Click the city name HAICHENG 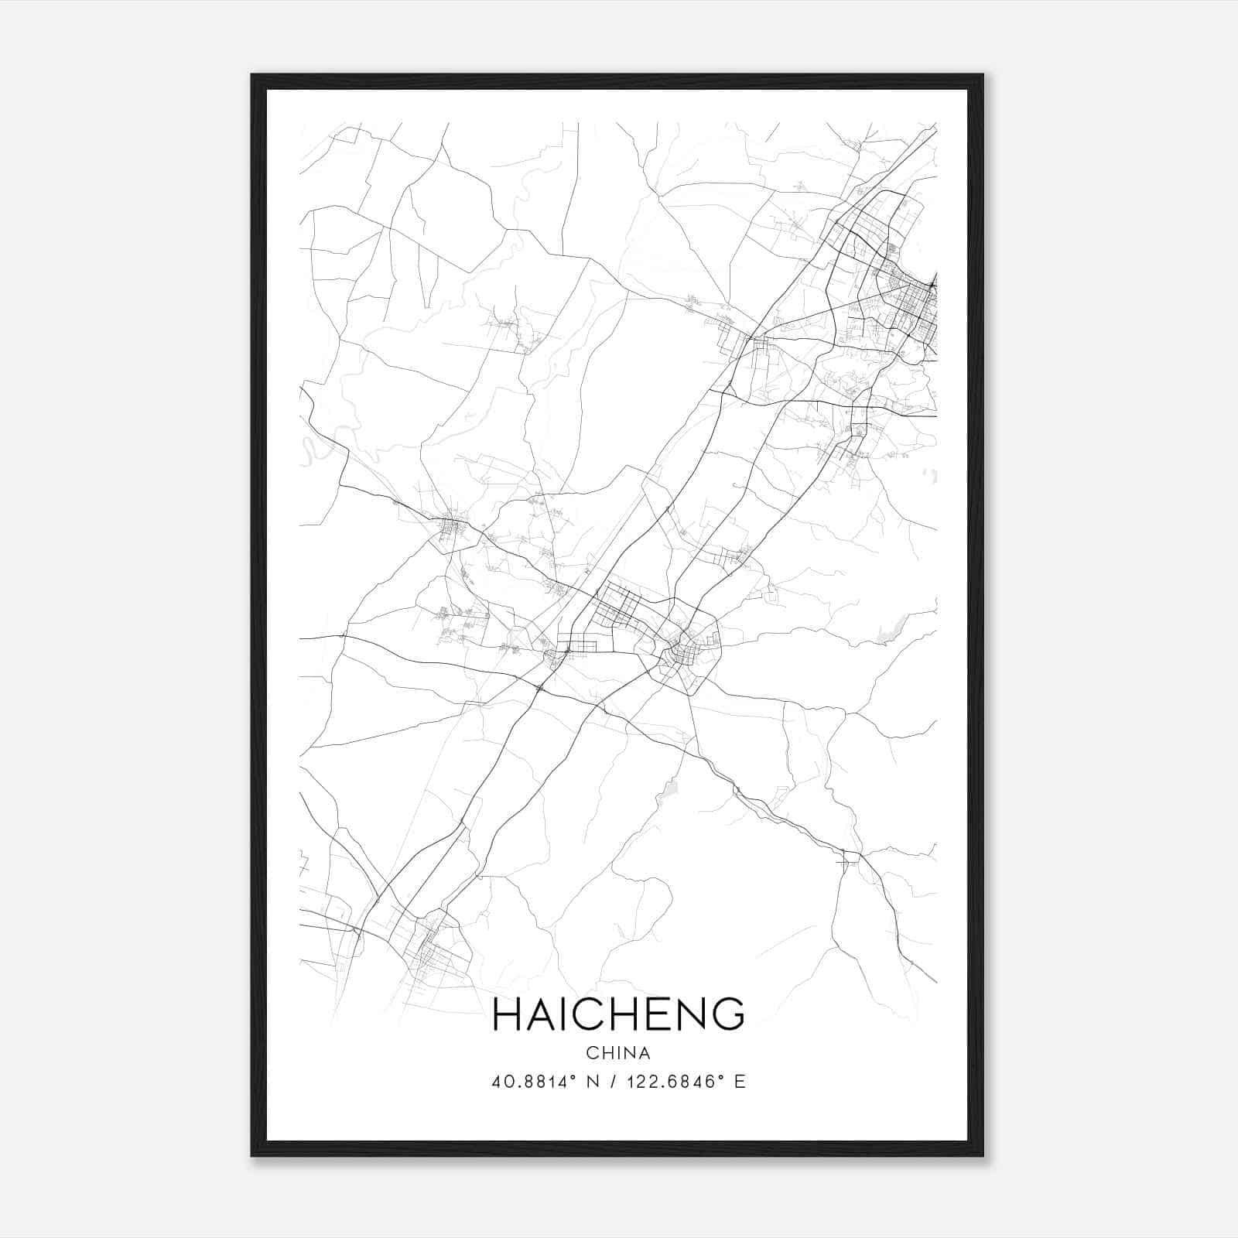(618, 1014)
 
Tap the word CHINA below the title (618, 1053)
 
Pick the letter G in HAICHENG (728, 1014)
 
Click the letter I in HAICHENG (571, 1014)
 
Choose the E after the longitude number (740, 1082)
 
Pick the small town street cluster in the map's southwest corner (430, 952)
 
